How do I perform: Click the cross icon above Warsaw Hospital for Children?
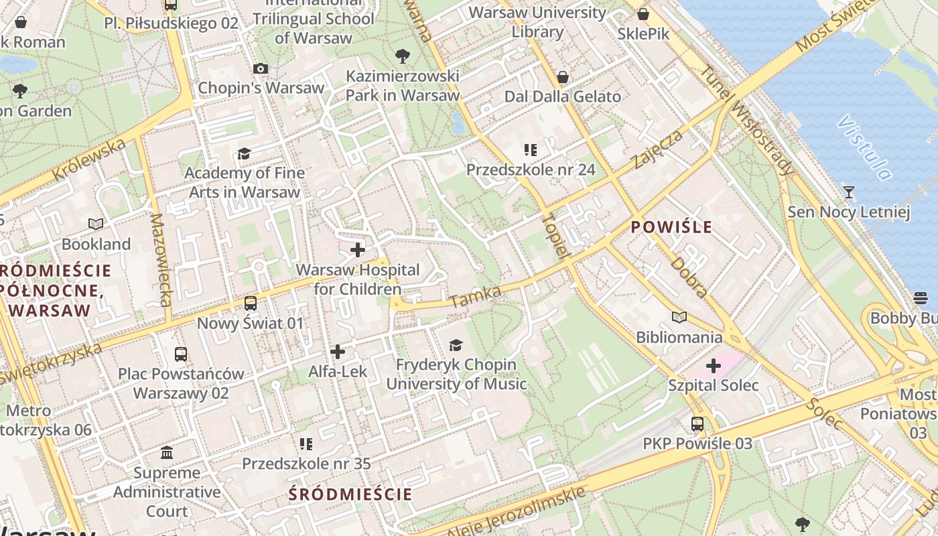358,250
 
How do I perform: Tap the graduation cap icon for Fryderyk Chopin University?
456,345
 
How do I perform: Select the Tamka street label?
476,297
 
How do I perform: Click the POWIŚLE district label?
671,227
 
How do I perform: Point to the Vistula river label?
865,148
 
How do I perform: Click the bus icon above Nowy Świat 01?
251,303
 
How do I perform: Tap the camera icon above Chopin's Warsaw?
261,68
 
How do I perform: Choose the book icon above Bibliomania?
679,317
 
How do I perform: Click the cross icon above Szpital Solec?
714,366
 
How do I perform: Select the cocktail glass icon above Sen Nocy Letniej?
849,192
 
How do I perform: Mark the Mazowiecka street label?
161,260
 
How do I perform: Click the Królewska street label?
89,160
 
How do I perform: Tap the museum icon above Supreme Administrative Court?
167,453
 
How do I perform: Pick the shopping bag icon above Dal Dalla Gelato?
563,77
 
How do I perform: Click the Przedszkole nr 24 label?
531,170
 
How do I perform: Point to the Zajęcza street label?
659,149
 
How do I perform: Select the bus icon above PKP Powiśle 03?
697,423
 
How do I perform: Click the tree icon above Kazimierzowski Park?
403,56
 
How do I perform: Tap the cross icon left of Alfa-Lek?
338,351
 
